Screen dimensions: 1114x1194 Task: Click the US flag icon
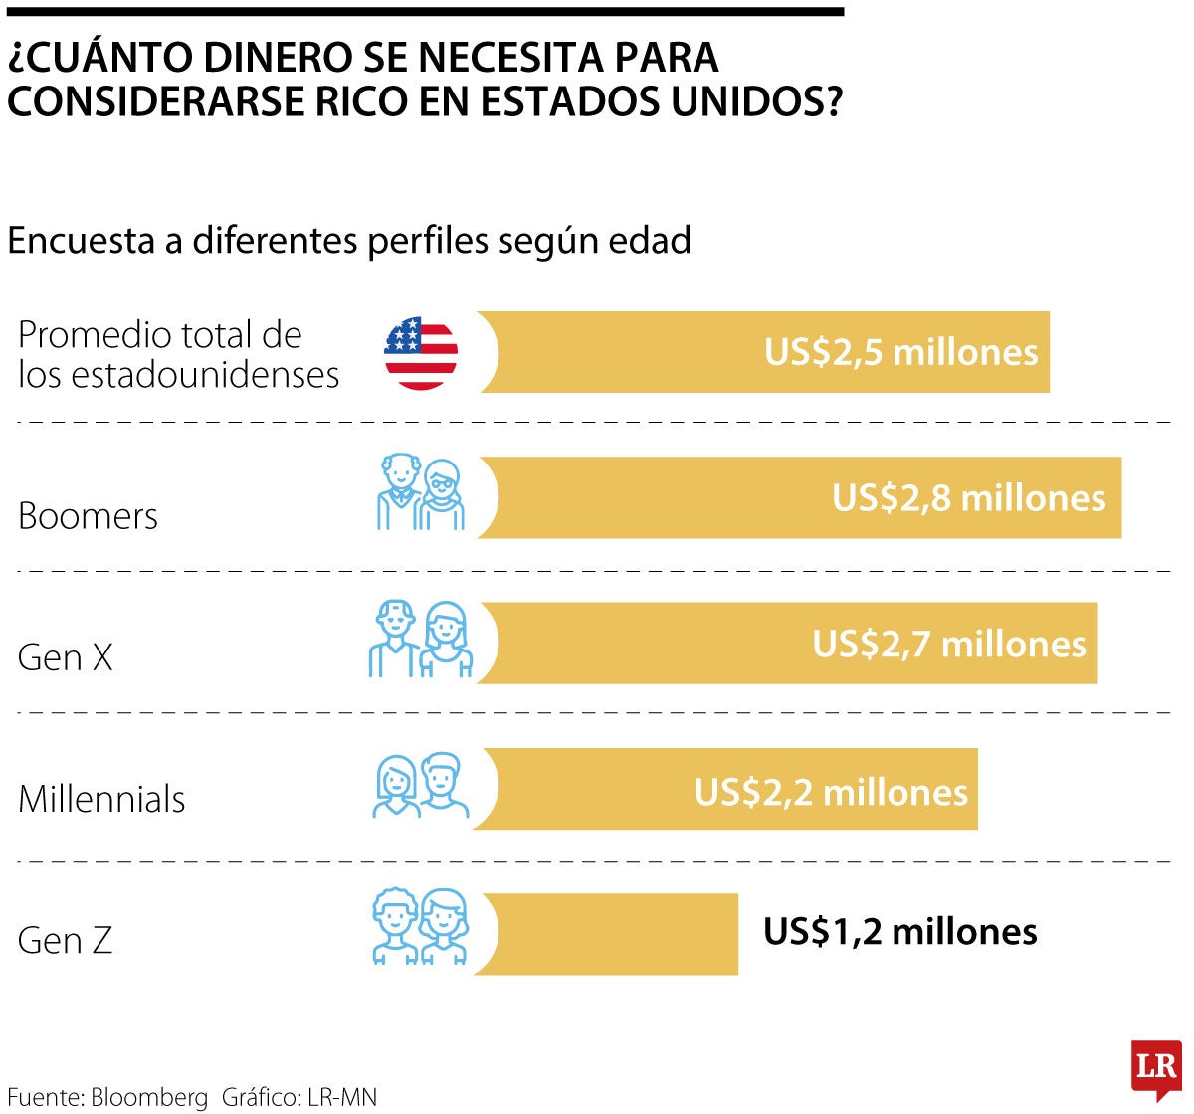pyautogui.click(x=421, y=353)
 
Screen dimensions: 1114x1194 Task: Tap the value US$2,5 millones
pyautogui.click(x=900, y=352)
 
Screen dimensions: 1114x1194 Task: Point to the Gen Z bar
pyautogui.click(x=617, y=934)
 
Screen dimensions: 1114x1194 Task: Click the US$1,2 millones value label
pyautogui.click(x=899, y=932)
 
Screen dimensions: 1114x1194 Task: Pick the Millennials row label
pyautogui.click(x=101, y=799)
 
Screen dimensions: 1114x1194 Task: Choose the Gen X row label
pyautogui.click(x=66, y=657)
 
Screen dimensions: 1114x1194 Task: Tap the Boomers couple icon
pyautogui.click(x=421, y=493)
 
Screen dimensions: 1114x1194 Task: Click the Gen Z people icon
pyautogui.click(x=420, y=926)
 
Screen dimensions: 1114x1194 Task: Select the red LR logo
pyautogui.click(x=1156, y=1069)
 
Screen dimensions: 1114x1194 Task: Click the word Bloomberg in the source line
pyautogui.click(x=149, y=1097)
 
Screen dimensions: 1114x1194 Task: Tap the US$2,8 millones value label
pyautogui.click(x=968, y=497)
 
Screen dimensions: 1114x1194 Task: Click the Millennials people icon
pyautogui.click(x=420, y=786)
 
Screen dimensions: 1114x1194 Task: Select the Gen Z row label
pyautogui.click(x=66, y=940)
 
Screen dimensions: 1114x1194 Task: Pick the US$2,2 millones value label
pyautogui.click(x=831, y=792)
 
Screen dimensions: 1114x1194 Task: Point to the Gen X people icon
pyautogui.click(x=420, y=640)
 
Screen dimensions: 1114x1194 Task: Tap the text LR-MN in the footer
pyautogui.click(x=342, y=1097)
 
